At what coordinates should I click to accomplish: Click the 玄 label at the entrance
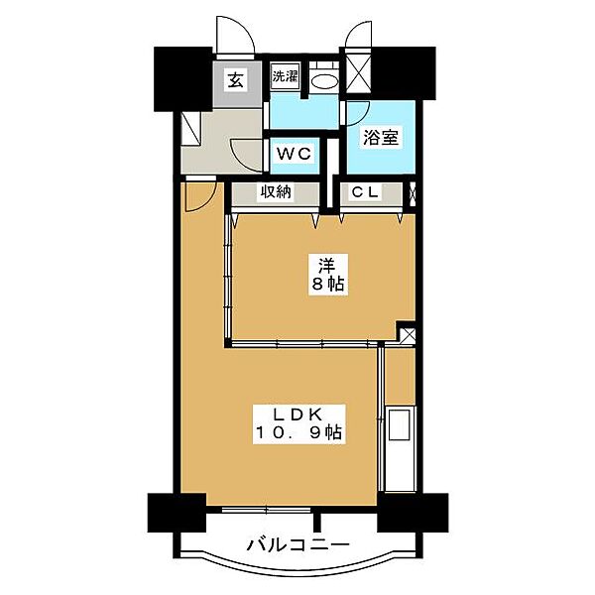236,81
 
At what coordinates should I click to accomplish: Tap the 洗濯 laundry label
285,75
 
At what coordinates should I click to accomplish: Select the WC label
295,154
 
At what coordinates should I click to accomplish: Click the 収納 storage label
276,193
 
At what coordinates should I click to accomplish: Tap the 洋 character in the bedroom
326,266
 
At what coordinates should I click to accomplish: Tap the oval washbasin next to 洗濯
321,78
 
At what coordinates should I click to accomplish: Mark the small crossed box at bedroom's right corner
406,333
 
